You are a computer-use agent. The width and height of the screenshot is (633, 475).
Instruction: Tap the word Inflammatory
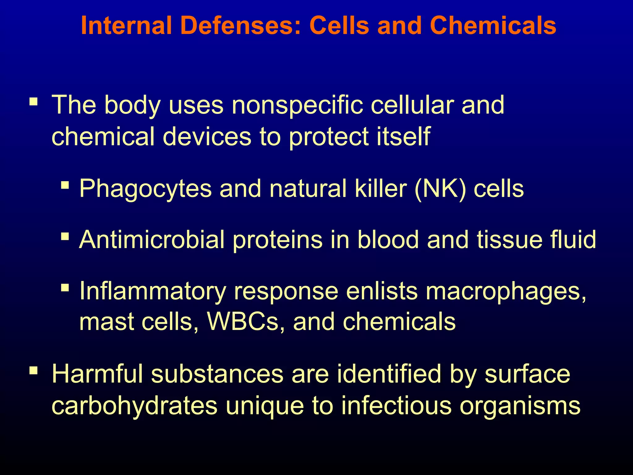coord(153,291)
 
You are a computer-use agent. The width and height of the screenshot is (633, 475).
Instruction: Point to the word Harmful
coord(97,374)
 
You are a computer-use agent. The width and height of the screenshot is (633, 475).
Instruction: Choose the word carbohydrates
coord(134,406)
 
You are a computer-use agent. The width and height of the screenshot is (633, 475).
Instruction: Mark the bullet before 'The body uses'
coord(33,102)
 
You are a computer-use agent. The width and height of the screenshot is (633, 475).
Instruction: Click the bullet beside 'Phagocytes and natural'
coord(65,185)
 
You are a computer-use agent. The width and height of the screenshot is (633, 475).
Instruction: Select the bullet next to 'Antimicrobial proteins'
coord(65,237)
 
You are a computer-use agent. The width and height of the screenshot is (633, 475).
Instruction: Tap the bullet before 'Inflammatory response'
coord(65,288)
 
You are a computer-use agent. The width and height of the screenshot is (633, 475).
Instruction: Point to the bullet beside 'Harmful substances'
coord(33,370)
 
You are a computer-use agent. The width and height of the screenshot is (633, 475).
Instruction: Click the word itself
coord(403,137)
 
